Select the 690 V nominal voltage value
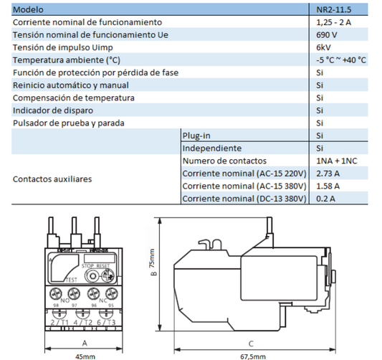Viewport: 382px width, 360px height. [x=325, y=35]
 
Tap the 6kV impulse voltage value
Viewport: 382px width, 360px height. [x=323, y=47]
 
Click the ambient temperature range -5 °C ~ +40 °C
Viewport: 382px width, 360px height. [x=342, y=60]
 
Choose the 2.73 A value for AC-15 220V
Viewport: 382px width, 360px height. [x=328, y=173]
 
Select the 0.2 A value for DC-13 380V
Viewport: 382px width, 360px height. [x=325, y=198]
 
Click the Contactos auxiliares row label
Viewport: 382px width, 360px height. [x=52, y=179]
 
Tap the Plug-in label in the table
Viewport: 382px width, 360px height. [x=195, y=135]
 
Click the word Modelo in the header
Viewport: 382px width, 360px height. [x=28, y=10]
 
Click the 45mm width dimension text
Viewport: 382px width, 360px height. [x=85, y=356]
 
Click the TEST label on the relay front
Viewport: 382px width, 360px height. [x=71, y=278]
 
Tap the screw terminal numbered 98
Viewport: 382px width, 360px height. [x=55, y=294]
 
